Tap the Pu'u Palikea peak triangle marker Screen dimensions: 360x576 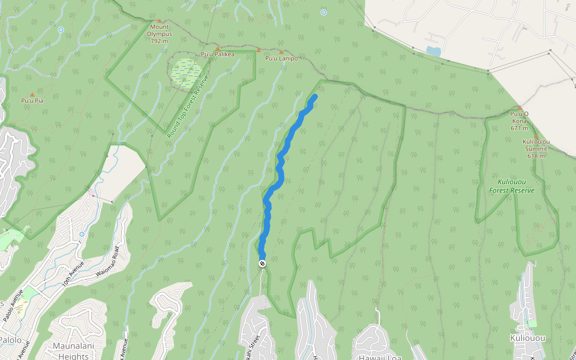point(217,47)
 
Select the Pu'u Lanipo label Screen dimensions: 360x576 point(281,58)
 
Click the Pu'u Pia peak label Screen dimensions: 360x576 point(32,101)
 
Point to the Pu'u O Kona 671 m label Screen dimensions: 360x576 point(519,121)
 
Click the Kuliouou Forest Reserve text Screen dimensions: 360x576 point(511,185)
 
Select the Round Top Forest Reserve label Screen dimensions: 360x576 point(187,107)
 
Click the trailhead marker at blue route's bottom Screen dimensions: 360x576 point(262,264)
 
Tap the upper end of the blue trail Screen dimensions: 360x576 point(315,96)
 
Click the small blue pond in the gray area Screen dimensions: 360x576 point(433,52)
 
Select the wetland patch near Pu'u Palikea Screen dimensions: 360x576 point(186,72)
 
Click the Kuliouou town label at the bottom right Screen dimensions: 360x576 point(528,338)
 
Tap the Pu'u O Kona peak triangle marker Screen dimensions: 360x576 point(520,108)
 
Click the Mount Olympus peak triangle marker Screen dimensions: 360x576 point(160,21)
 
